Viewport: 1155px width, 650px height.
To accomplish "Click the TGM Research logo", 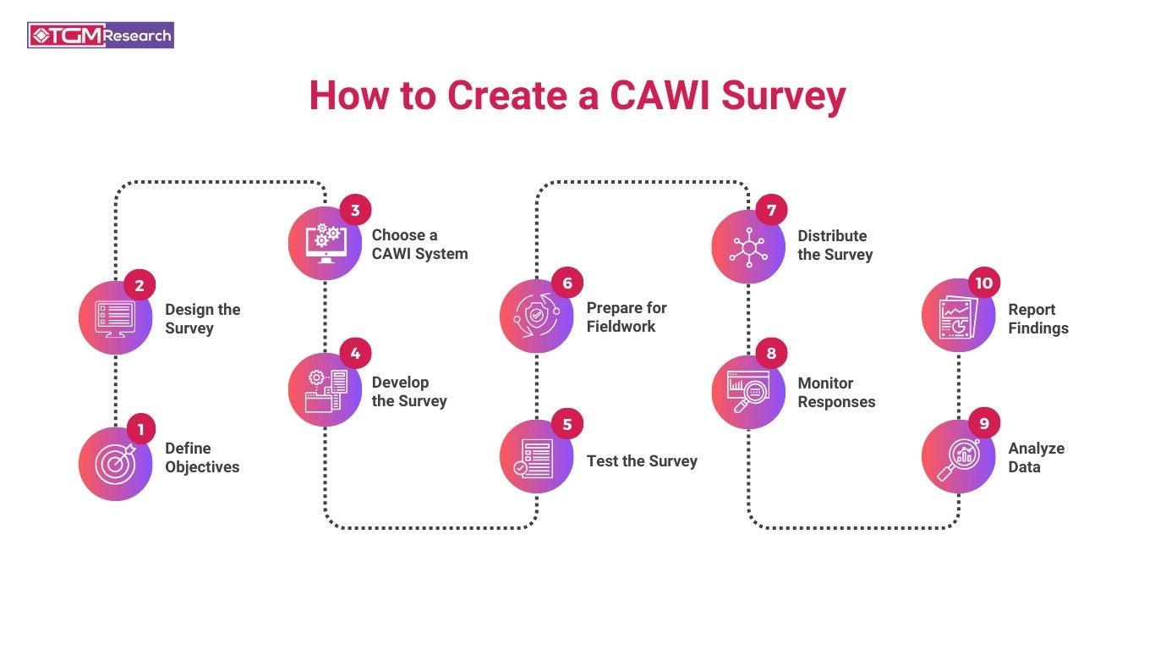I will [x=101, y=35].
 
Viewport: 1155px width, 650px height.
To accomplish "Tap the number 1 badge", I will [x=141, y=428].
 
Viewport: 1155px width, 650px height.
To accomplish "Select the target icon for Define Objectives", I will [x=114, y=464].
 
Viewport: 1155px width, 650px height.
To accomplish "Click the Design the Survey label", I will [x=202, y=319].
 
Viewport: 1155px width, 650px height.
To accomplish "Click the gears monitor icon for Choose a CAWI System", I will [x=325, y=244].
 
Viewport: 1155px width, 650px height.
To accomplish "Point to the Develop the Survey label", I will [x=409, y=392].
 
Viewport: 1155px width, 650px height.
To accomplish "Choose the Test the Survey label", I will [x=642, y=461].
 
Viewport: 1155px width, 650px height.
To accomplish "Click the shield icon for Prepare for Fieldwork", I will [x=536, y=317].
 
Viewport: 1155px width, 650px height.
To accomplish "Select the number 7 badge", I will [x=771, y=208].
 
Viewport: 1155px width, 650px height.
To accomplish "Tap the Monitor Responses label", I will [x=836, y=393].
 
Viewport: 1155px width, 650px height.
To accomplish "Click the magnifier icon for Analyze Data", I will [x=958, y=458].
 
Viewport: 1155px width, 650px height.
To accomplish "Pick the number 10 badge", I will [x=983, y=283].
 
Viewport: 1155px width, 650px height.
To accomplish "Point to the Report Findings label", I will [x=1037, y=319].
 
